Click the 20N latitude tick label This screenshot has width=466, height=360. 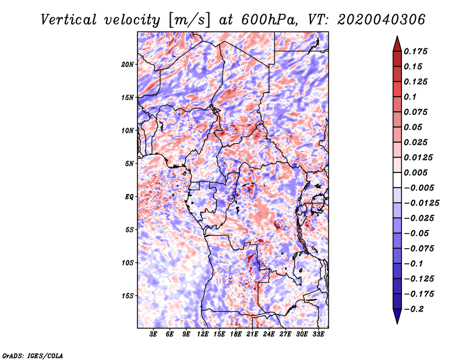(x=128, y=64)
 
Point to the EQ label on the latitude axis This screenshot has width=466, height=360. (x=129, y=197)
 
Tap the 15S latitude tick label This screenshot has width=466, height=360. (x=128, y=296)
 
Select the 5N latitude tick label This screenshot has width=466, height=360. (x=129, y=164)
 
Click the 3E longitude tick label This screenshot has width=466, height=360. (x=153, y=334)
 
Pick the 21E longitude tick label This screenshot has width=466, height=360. (x=252, y=334)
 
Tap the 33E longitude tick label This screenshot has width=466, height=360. (x=318, y=334)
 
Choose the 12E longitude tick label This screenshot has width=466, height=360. (x=202, y=334)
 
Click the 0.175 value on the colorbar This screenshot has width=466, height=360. (x=416, y=51)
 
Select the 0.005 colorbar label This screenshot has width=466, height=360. (x=416, y=172)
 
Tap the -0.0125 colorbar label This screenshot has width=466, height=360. (x=422, y=203)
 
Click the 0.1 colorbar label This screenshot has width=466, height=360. (x=411, y=97)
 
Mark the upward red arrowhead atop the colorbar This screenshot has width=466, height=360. (x=397, y=44)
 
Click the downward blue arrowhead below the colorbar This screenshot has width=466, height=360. (x=397, y=316)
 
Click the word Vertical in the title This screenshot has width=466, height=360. (x=69, y=20)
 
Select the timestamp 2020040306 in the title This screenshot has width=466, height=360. (x=382, y=20)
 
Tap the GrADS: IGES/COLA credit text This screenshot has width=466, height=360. (x=33, y=355)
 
